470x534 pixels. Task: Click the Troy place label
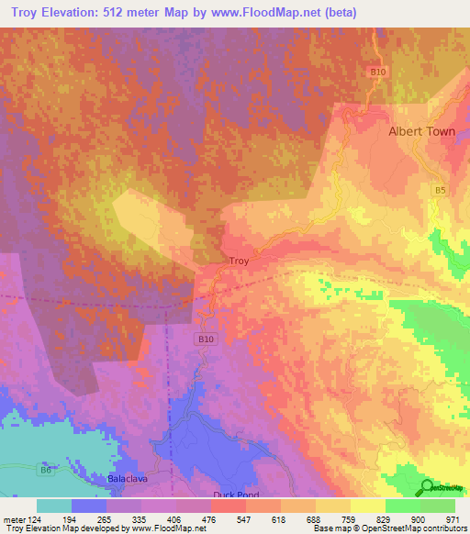coord(239,261)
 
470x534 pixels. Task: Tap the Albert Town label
coord(422,131)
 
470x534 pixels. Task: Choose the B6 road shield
coord(45,470)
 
